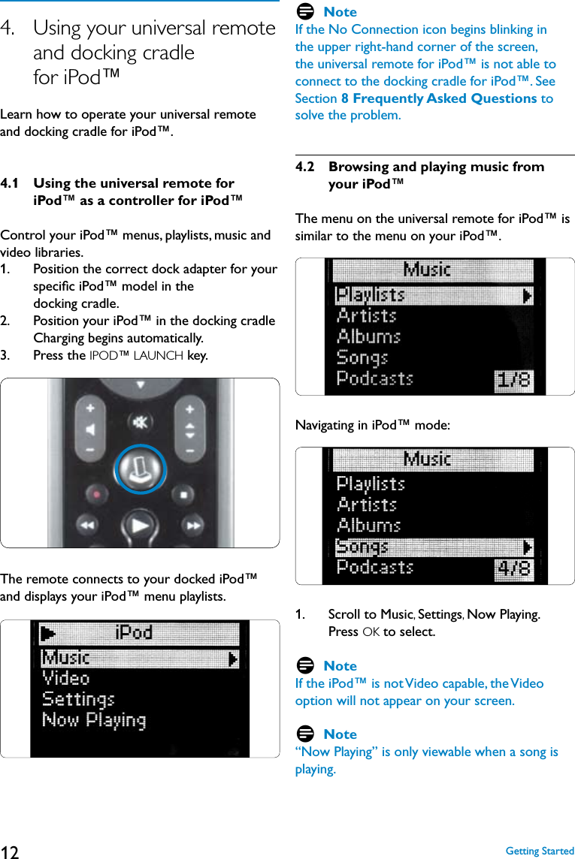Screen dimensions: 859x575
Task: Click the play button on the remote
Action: pyautogui.click(x=140, y=525)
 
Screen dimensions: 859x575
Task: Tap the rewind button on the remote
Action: pyautogui.click(x=87, y=526)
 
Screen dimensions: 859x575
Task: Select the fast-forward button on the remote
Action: pyautogui.click(x=194, y=526)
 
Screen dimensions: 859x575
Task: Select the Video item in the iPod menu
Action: pyautogui.click(x=66, y=679)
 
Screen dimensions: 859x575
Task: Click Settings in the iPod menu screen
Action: pyautogui.click(x=78, y=700)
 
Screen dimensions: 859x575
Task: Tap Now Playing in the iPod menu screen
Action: pyautogui.click(x=94, y=721)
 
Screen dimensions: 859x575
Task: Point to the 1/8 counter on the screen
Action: pyautogui.click(x=513, y=380)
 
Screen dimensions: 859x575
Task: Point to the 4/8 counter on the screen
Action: pyautogui.click(x=513, y=569)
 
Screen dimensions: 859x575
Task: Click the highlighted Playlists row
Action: pyautogui.click(x=434, y=295)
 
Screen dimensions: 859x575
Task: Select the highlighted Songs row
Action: pyautogui.click(x=434, y=547)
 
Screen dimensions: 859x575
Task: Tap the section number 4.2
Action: pyautogui.click(x=307, y=167)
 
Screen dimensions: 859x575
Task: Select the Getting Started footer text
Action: pyautogui.click(x=540, y=851)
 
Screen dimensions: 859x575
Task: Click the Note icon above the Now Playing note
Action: pyautogui.click(x=305, y=734)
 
